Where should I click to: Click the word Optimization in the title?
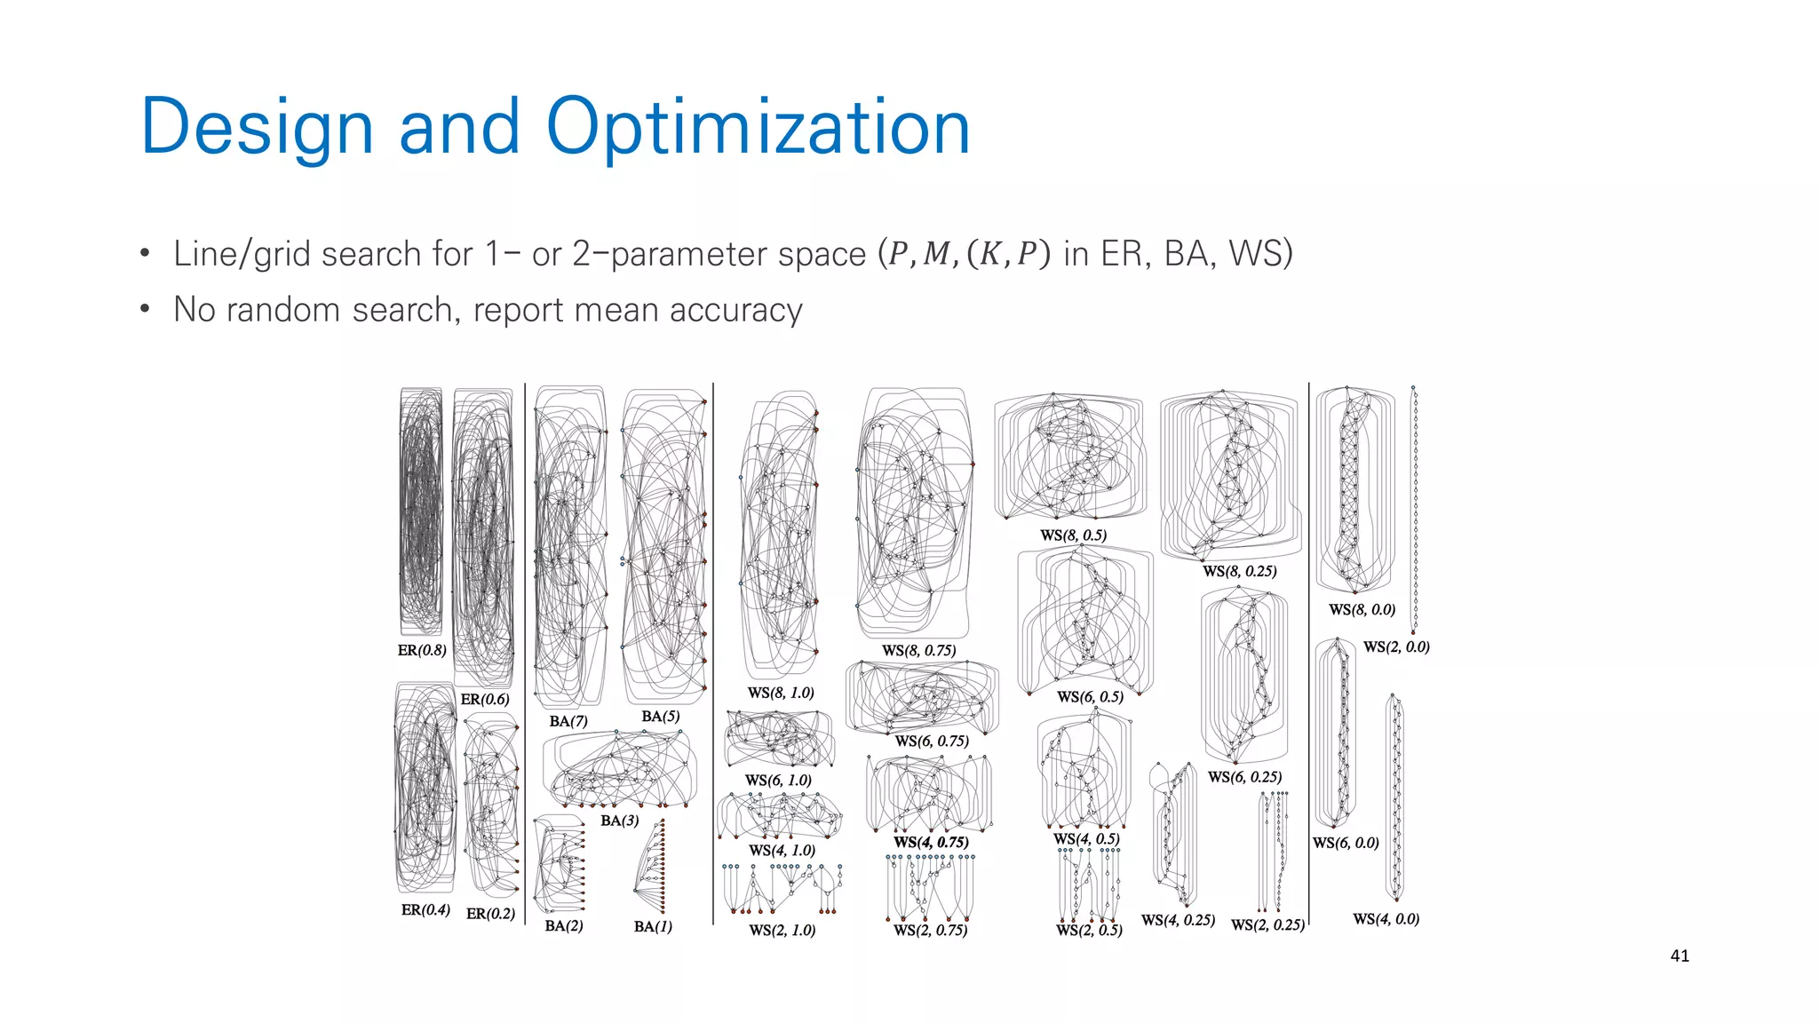[x=757, y=127]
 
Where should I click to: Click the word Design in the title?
[x=257, y=127]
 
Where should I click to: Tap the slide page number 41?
[x=1679, y=956]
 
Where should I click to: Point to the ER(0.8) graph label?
[x=422, y=650]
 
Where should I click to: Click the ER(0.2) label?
[x=490, y=913]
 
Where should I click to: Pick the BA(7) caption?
[x=568, y=721]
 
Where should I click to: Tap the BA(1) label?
[x=653, y=926]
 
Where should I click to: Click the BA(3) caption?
[x=619, y=821]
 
